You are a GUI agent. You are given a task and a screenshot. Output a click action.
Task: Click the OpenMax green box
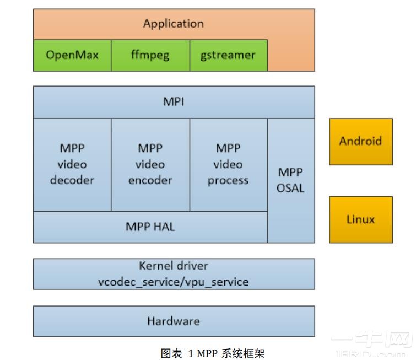pos(72,55)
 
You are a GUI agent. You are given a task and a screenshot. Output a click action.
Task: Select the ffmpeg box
pos(150,55)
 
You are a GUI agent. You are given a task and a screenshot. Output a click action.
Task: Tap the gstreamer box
pos(228,55)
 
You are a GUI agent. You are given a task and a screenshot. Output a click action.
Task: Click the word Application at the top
pos(173,24)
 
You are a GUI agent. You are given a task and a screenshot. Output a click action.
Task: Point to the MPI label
pos(174,102)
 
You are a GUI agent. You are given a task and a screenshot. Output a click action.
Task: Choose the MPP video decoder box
pos(72,164)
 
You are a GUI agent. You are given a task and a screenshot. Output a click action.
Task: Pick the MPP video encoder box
pos(150,164)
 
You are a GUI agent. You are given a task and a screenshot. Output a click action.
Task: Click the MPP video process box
pos(228,164)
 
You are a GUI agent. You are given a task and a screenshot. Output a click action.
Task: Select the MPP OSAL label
pos(290,180)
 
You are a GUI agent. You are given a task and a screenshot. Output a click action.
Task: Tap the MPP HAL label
pos(150,227)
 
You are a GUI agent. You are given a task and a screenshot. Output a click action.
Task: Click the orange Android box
pos(360,141)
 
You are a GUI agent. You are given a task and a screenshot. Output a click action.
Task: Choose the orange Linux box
pos(360,219)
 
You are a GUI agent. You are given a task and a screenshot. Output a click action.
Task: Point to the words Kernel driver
pos(173,266)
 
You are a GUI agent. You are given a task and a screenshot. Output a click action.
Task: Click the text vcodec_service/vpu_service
pos(173,282)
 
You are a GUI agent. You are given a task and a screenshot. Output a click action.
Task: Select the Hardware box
pos(173,321)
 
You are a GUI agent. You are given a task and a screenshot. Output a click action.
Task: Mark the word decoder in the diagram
pos(72,180)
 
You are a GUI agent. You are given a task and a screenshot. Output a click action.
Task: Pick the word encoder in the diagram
pos(150,180)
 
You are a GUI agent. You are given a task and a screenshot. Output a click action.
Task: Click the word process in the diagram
pos(228,180)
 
